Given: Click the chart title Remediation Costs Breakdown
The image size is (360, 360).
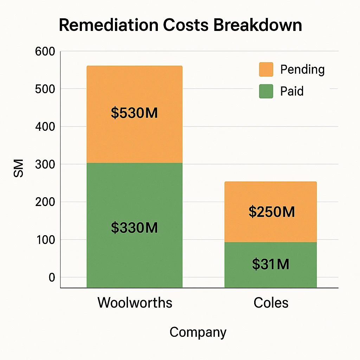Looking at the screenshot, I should tap(180, 26).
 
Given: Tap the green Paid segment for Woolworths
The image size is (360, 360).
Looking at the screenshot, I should tap(134, 197).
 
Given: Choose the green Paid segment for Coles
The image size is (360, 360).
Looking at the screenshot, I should tap(271, 250).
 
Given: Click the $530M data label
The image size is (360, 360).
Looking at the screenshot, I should tap(134, 113).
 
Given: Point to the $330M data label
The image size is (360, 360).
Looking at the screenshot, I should tap(134, 228).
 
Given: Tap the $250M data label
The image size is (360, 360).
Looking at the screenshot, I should tap(271, 212).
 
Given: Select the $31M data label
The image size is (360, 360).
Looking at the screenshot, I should tap(271, 264).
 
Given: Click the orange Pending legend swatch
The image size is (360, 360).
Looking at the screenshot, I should tap(266, 69).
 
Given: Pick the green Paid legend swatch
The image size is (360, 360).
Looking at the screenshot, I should tap(266, 91).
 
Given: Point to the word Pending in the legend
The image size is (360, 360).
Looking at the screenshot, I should tap(302, 69).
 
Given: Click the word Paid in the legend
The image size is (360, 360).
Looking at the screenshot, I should tap(292, 91).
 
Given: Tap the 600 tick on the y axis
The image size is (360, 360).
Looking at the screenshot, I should tap(45, 52).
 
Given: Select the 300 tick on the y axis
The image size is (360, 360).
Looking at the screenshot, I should tap(45, 165).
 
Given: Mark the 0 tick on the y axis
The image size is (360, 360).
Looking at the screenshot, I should tap(52, 278).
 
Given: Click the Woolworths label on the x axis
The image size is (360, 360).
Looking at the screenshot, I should tap(135, 303).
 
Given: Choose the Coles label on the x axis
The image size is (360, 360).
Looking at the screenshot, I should tap(271, 303).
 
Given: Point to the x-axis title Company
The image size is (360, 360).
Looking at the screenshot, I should tap(198, 332).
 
